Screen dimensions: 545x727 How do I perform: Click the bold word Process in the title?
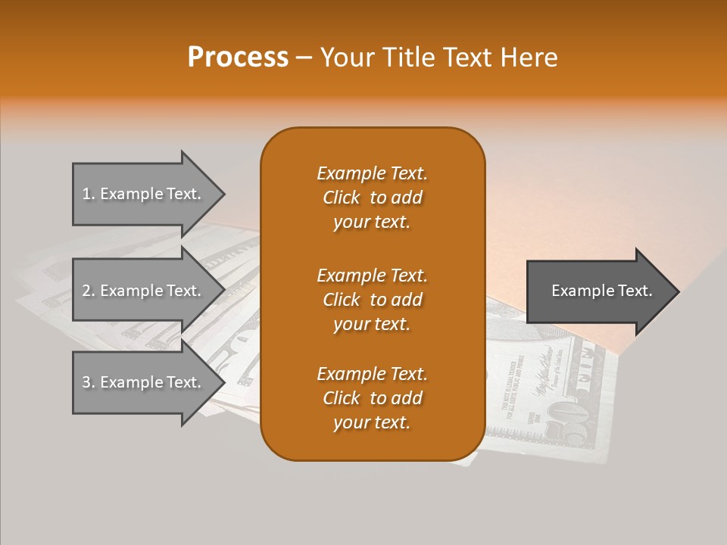pyautogui.click(x=238, y=57)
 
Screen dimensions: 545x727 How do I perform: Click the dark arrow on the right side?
pyautogui.click(x=598, y=291)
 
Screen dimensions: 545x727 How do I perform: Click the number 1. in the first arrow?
pyautogui.click(x=89, y=194)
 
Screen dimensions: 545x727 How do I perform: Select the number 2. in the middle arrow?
pyautogui.click(x=89, y=291)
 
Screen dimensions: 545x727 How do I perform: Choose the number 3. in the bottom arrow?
pyautogui.click(x=89, y=382)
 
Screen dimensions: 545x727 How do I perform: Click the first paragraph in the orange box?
pyautogui.click(x=372, y=198)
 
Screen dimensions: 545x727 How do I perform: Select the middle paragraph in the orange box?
pyautogui.click(x=372, y=299)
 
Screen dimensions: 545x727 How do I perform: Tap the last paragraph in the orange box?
pyautogui.click(x=372, y=398)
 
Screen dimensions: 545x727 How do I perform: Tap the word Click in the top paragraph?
pyautogui.click(x=342, y=198)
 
